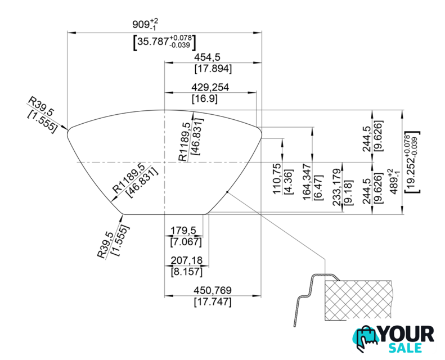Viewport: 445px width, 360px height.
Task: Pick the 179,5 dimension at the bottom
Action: [x=186, y=231]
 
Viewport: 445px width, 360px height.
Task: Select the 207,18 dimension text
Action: [x=186, y=261]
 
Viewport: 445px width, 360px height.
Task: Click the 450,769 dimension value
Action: [x=213, y=291]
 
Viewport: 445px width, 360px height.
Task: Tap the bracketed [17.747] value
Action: [x=213, y=302]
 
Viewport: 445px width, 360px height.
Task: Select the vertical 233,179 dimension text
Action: [x=337, y=187]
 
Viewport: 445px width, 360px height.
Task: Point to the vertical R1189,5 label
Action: [x=183, y=141]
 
